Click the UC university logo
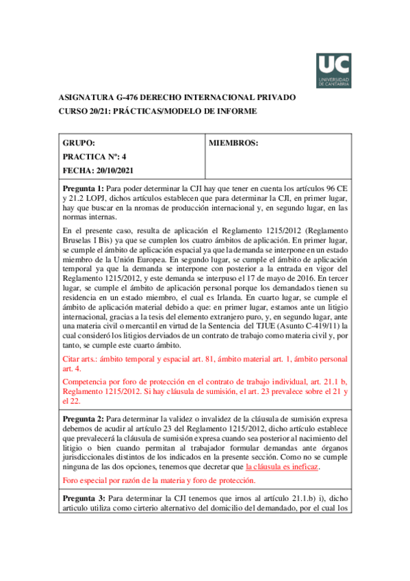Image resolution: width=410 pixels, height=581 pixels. click(333, 71)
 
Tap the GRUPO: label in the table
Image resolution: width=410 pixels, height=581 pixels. click(79, 143)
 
